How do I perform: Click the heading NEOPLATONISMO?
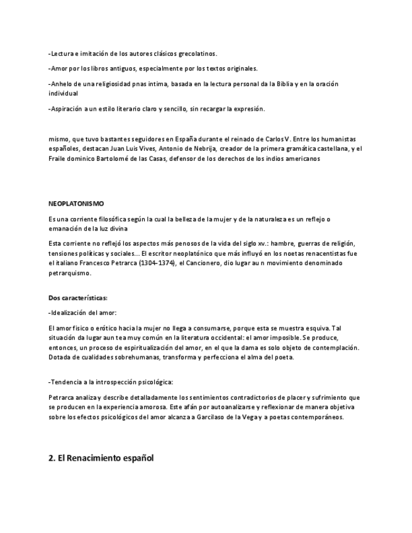coord(76,204)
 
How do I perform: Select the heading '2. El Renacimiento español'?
coord(101,458)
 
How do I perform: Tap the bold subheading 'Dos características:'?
coord(78,297)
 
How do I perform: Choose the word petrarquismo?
coord(70,273)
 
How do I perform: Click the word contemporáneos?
coord(315,417)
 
